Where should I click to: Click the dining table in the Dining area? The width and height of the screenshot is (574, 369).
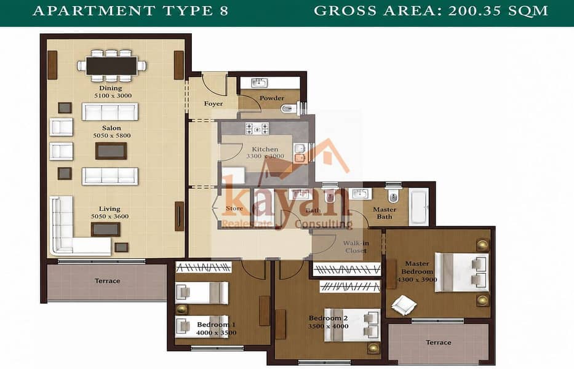(x=111, y=66)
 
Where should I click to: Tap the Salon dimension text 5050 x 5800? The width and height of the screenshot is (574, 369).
(x=111, y=135)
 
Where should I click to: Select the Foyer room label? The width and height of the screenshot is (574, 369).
(x=213, y=103)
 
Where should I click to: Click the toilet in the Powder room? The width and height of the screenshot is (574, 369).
(x=290, y=108)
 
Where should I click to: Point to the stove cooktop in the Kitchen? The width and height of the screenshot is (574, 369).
(x=257, y=129)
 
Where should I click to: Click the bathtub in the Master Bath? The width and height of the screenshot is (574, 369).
(x=418, y=207)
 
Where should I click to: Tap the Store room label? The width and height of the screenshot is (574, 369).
(x=234, y=208)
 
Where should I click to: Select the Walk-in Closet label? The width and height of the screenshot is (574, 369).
(x=356, y=247)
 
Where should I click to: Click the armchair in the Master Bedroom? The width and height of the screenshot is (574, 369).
(x=404, y=304)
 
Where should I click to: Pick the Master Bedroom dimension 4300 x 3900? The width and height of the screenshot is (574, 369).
(x=417, y=280)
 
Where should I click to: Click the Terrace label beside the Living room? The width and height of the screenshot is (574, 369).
(x=107, y=281)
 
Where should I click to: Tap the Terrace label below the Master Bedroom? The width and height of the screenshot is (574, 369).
(x=439, y=343)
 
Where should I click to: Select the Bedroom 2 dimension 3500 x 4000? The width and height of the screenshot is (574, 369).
(x=328, y=326)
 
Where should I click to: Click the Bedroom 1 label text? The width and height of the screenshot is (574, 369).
(x=216, y=325)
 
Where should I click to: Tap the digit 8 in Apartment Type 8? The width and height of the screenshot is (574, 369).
(x=224, y=10)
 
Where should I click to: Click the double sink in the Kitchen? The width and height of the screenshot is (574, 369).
(x=300, y=153)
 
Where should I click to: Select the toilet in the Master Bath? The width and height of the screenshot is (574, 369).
(x=393, y=197)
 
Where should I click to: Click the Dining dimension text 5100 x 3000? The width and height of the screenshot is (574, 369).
(x=113, y=95)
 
